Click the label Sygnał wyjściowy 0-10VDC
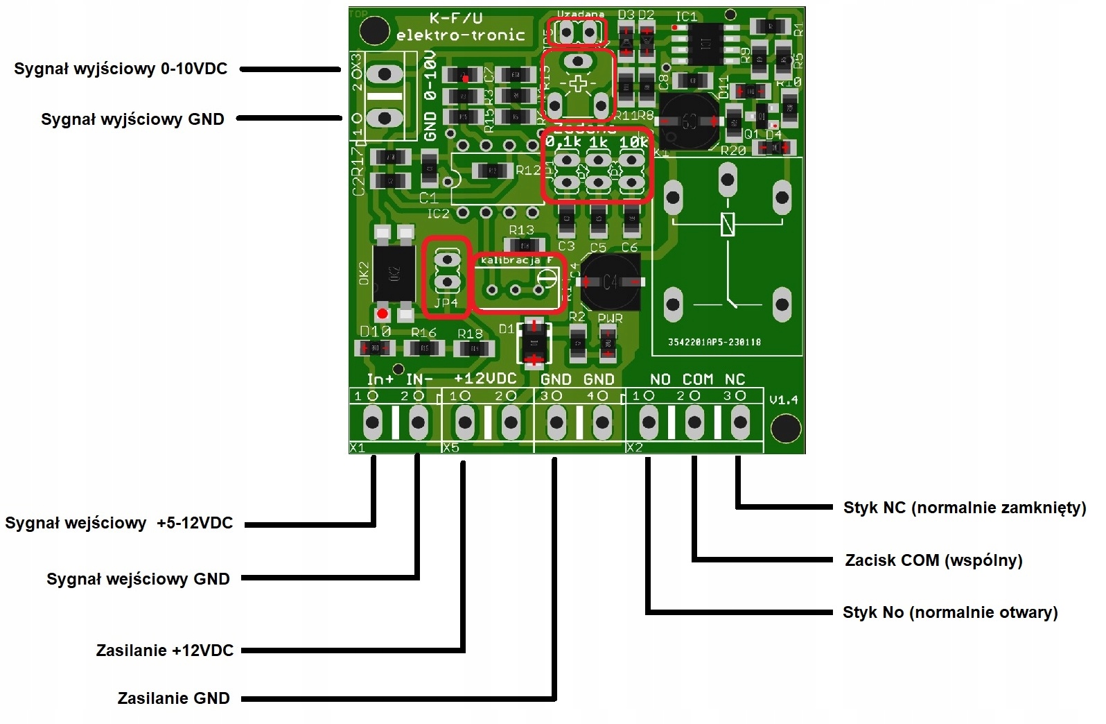pyautogui.click(x=121, y=69)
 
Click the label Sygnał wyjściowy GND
pyautogui.click(x=132, y=119)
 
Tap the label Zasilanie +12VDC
pyautogui.click(x=165, y=650)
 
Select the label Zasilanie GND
pyautogui.click(x=173, y=698)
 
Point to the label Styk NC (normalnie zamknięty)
pyautogui.click(x=964, y=508)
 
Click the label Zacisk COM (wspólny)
pyautogui.click(x=933, y=560)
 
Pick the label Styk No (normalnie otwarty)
pyautogui.click(x=950, y=613)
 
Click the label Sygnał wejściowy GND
pyautogui.click(x=138, y=579)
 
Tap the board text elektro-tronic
pyautogui.click(x=460, y=35)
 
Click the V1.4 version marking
pyautogui.click(x=784, y=400)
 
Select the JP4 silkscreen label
pyautogui.click(x=446, y=303)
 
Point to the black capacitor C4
pyautogui.click(x=611, y=282)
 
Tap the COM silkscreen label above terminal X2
pyautogui.click(x=697, y=379)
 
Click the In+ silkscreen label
pyautogui.click(x=380, y=379)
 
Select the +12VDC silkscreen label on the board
pyautogui.click(x=485, y=379)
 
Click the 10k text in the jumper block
pyautogui.click(x=633, y=142)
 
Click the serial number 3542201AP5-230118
pyautogui.click(x=714, y=342)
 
